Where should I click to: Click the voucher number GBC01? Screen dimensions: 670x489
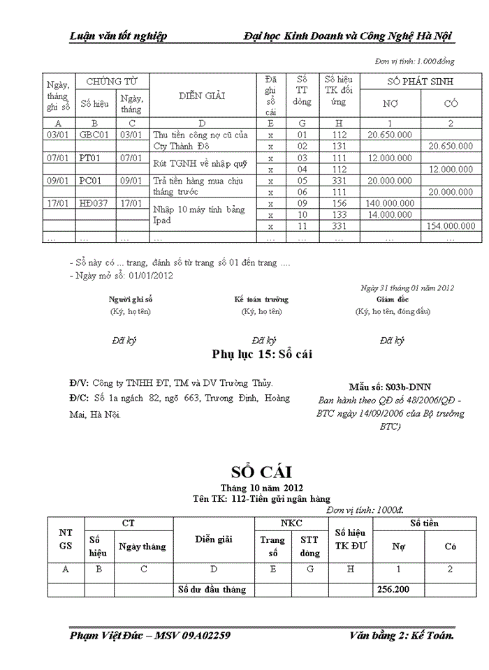(94, 135)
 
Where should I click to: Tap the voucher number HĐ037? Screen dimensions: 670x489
(94, 203)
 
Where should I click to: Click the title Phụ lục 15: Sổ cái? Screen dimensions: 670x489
(261, 355)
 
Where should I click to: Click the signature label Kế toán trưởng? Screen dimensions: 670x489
(261, 299)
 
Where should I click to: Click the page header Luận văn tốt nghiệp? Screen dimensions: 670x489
(118, 36)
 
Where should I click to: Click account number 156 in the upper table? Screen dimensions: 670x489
(340, 203)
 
